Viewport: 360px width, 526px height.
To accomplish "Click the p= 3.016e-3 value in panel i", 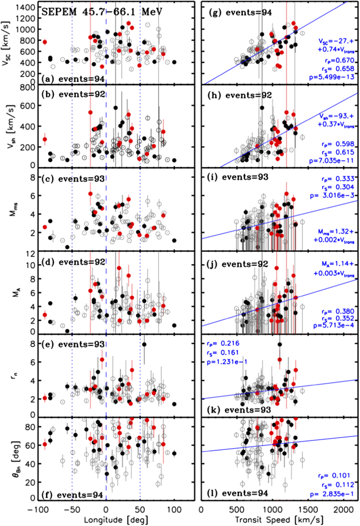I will (x=332, y=196).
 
